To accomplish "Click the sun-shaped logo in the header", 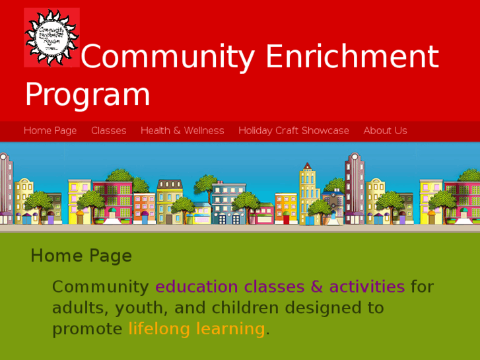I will click(51, 37).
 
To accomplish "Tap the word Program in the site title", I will click(87, 94).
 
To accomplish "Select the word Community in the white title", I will click(168, 57).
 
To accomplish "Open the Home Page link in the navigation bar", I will click(50, 131).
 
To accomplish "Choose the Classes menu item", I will click(108, 131).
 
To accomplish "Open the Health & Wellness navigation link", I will click(182, 131).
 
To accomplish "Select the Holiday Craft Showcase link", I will click(294, 131).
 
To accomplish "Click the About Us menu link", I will click(385, 131).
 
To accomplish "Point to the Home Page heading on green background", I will click(81, 256).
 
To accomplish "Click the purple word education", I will click(196, 287).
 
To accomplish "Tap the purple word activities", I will click(366, 287).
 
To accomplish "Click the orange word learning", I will click(232, 329).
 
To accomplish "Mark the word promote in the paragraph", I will click(87, 329).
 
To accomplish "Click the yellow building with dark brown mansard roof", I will click(170, 198).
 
